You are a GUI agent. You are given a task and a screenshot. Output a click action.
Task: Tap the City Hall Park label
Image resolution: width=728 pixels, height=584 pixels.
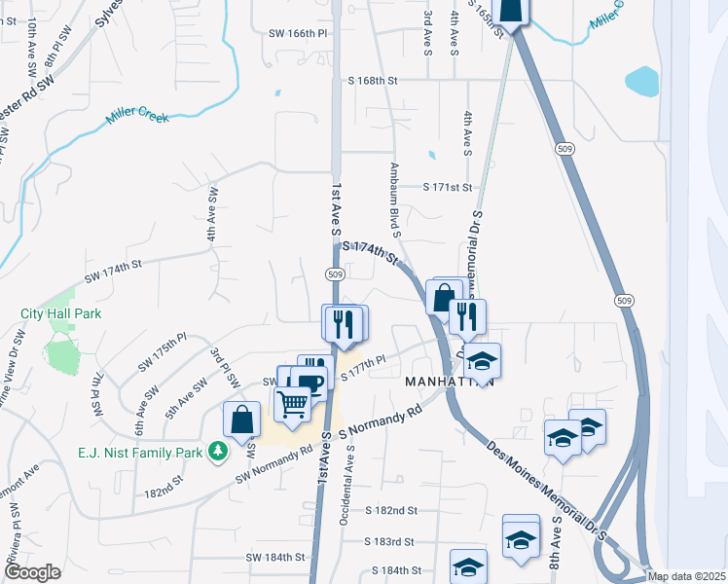pyautogui.click(x=61, y=313)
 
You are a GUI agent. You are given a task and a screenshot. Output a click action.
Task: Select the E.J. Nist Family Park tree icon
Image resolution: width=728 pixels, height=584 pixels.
pyautogui.click(x=220, y=451)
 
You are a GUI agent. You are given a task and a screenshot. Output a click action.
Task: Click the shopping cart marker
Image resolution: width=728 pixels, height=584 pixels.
pyautogui.click(x=293, y=403)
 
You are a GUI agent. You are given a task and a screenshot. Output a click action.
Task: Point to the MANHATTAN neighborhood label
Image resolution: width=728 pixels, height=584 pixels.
pyautogui.click(x=450, y=382)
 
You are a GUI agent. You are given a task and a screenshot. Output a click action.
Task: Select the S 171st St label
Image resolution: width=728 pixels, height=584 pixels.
pyautogui.click(x=447, y=186)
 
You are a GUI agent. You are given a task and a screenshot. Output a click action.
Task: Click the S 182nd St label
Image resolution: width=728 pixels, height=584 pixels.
pyautogui.click(x=391, y=510)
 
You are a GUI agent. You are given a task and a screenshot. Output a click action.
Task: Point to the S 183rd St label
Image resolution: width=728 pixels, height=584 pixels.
pyautogui.click(x=389, y=541)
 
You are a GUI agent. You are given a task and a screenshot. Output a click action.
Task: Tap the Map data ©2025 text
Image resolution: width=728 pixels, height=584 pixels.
pyautogui.click(x=686, y=576)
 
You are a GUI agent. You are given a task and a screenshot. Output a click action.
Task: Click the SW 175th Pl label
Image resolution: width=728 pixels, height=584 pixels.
pyautogui.click(x=162, y=351)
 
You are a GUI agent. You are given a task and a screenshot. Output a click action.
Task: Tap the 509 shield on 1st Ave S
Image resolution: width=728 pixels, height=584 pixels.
pyautogui.click(x=334, y=274)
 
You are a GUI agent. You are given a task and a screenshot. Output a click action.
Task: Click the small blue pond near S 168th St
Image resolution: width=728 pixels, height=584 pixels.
pyautogui.click(x=643, y=81)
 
